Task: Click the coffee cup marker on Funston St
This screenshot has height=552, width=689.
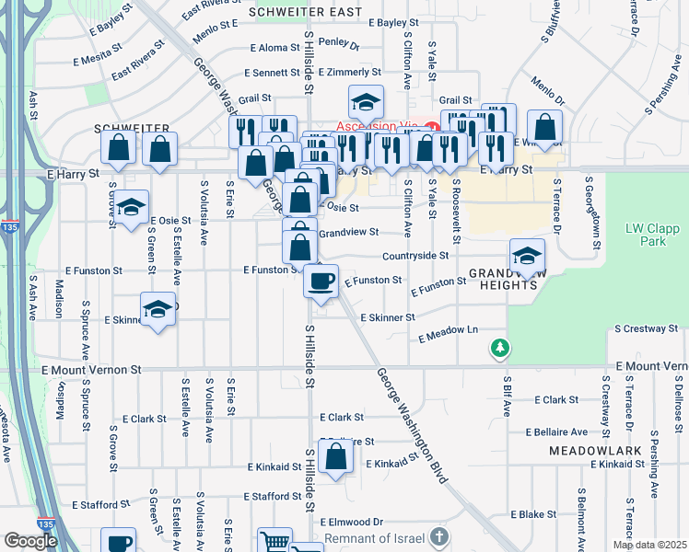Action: click(x=321, y=280)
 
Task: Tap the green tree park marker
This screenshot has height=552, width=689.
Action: click(x=499, y=348)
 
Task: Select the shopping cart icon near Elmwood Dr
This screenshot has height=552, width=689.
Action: click(x=274, y=542)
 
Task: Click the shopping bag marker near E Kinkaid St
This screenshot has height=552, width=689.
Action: click(x=336, y=455)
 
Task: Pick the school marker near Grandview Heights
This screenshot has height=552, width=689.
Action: click(x=527, y=255)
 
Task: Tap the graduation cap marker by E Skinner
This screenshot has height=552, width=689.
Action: click(x=158, y=309)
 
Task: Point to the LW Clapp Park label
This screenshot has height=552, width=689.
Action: click(x=645, y=235)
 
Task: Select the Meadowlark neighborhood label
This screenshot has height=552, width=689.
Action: click(x=589, y=451)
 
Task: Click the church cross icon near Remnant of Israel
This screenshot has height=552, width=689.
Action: click(x=440, y=536)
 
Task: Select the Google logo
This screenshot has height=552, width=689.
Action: click(x=30, y=541)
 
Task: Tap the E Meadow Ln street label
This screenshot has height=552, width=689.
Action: click(x=449, y=334)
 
